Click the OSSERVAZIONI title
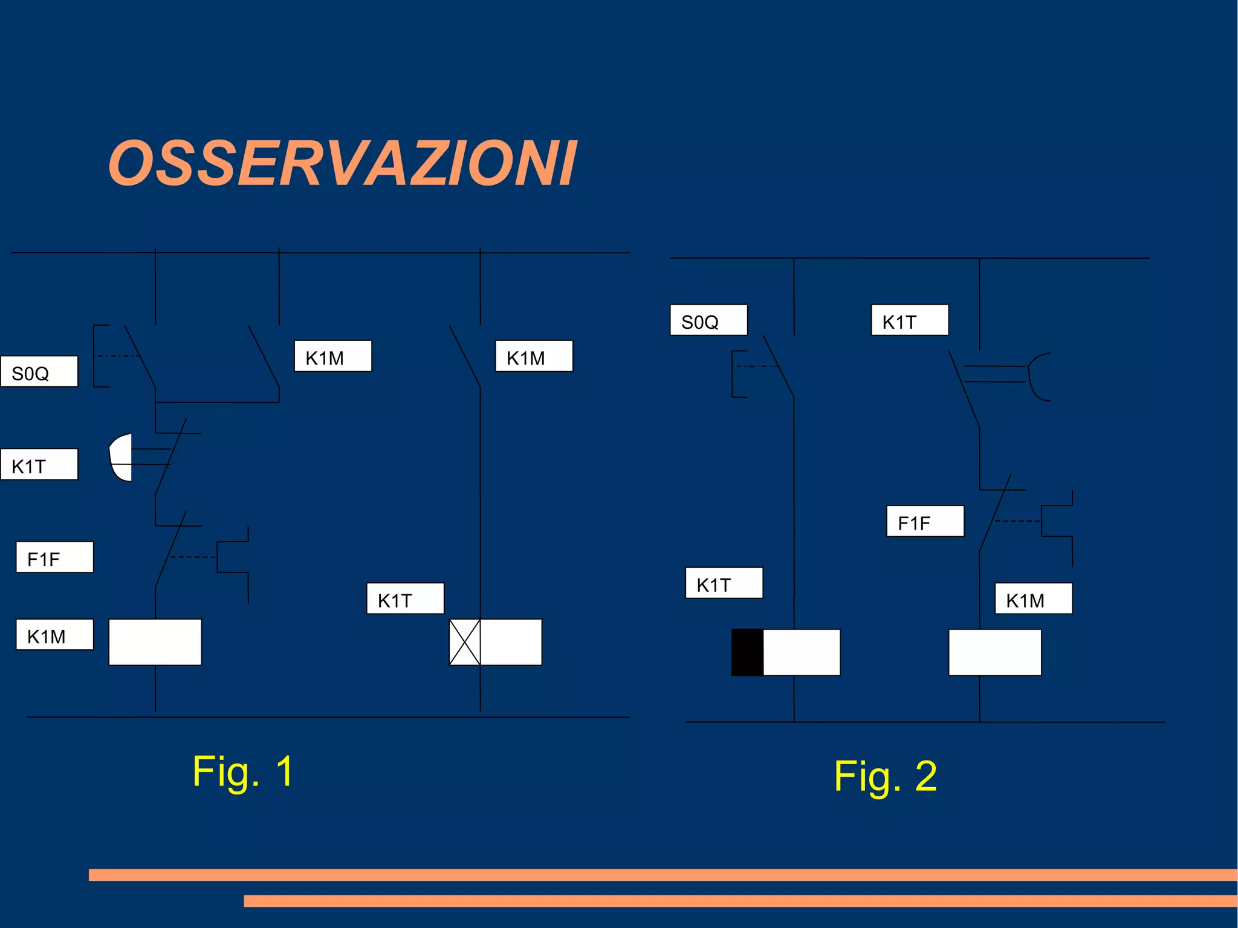(x=342, y=163)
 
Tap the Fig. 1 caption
(x=243, y=772)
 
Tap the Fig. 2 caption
(x=885, y=776)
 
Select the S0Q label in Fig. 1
(x=39, y=372)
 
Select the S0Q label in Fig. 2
(x=708, y=320)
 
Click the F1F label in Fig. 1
(x=54, y=557)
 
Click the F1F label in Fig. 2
(x=925, y=522)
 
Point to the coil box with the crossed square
(x=495, y=642)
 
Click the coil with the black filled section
(x=785, y=652)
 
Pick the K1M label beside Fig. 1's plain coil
(x=54, y=635)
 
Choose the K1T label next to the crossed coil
(x=405, y=599)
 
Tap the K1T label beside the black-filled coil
(x=724, y=583)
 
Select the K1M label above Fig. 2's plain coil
(x=1033, y=599)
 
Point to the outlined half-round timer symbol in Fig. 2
(x=1039, y=377)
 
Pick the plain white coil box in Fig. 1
(x=155, y=642)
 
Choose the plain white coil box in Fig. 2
(x=994, y=652)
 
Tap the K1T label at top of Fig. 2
(x=909, y=320)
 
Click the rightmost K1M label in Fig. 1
(x=534, y=357)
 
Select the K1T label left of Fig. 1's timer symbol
(x=39, y=465)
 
